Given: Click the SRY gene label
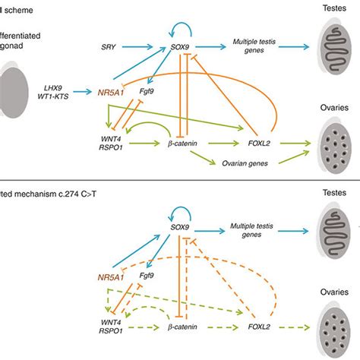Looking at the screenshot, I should [x=109, y=48].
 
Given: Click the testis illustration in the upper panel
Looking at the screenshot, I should [x=331, y=48].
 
